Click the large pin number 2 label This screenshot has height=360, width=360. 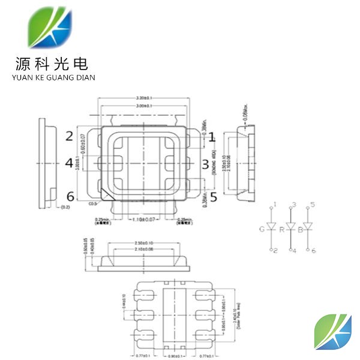point(70,136)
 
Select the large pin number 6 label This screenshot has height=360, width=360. point(70,196)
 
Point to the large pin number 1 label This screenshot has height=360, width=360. point(211,137)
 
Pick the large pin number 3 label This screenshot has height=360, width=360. point(205,164)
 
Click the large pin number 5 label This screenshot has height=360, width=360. point(212,193)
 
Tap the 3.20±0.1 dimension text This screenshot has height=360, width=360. point(144,97)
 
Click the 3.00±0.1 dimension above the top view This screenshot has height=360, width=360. point(144,106)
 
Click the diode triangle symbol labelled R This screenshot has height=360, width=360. point(292,227)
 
